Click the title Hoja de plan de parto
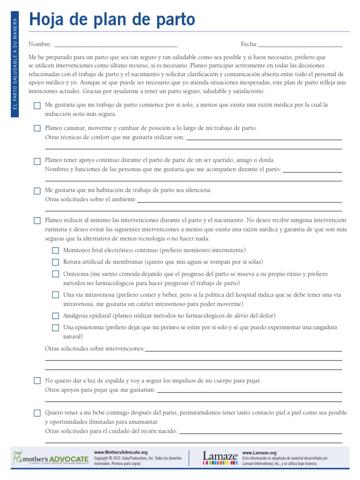(112, 20)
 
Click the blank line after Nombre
(116, 45)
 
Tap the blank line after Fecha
(300, 45)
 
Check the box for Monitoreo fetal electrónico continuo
(55, 251)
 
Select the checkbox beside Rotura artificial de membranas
(55, 262)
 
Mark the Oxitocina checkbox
(55, 274)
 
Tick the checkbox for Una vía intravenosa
(55, 295)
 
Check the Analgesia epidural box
(55, 316)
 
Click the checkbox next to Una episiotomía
(55, 328)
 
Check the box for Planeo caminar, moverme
(37, 128)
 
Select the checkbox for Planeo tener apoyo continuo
(37, 161)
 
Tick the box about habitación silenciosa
(37, 191)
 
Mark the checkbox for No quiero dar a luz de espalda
(37, 381)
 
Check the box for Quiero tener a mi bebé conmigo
(37, 413)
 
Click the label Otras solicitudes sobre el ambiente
(90, 200)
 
